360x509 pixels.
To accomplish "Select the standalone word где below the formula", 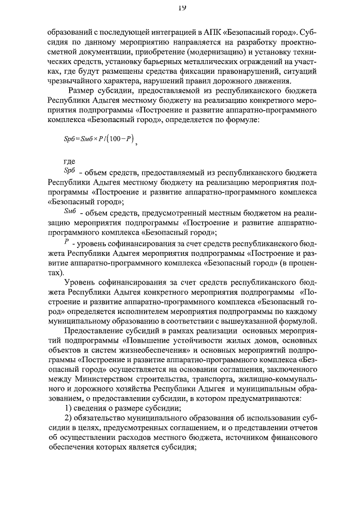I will (70, 162).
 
